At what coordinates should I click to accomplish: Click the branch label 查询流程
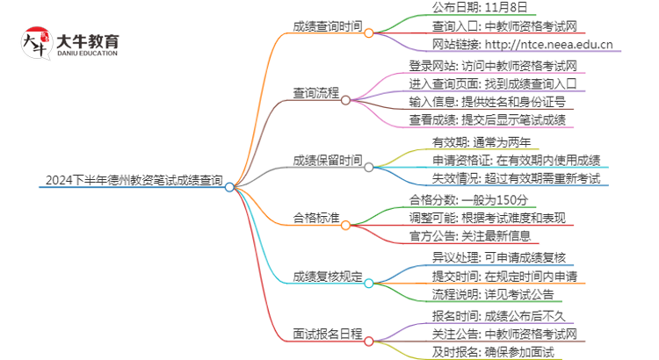[316, 92]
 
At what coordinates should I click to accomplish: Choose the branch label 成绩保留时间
[326, 160]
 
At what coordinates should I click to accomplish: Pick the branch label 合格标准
[316, 214]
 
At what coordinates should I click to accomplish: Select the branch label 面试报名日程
[326, 334]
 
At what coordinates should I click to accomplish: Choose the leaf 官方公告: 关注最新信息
[475, 234]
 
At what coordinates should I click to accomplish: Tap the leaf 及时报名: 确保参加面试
[482, 351]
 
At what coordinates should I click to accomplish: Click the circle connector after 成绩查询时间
[369, 33]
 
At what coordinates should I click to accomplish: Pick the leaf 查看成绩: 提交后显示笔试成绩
[486, 119]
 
